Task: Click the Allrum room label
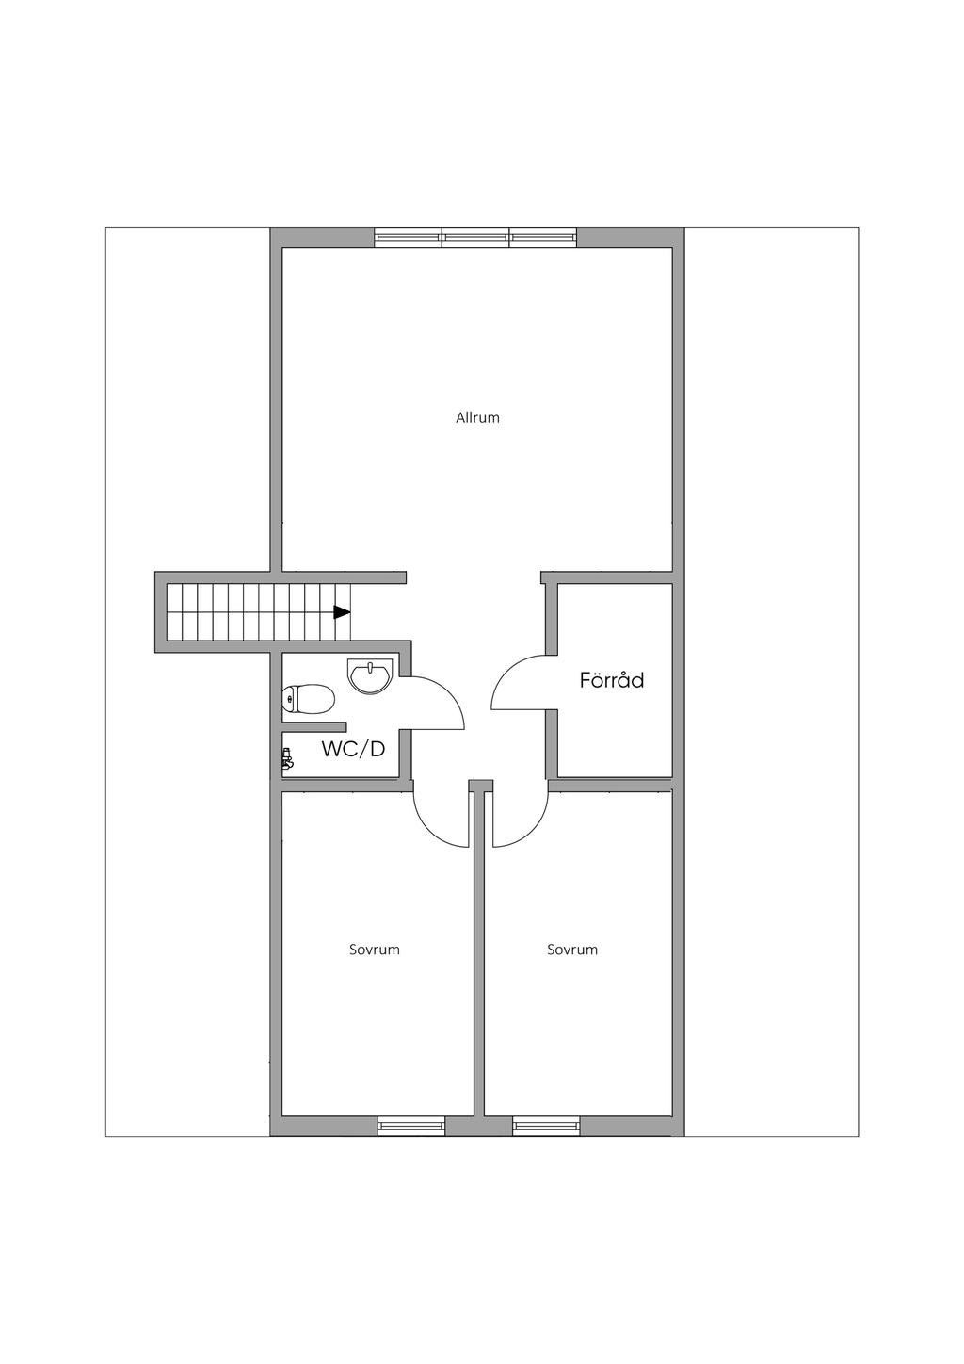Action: pos(477,417)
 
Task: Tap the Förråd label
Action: pos(612,679)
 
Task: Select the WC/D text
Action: pos(353,749)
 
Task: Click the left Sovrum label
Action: pos(375,950)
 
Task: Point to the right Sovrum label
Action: pos(572,950)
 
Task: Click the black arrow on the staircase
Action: pos(342,612)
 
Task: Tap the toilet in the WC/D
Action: pos(309,698)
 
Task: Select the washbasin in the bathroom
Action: pos(371,676)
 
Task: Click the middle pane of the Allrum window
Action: pos(476,237)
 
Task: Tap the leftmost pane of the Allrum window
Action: pos(408,237)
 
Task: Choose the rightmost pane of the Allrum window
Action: pos(543,237)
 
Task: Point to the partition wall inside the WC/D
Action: pos(314,726)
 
